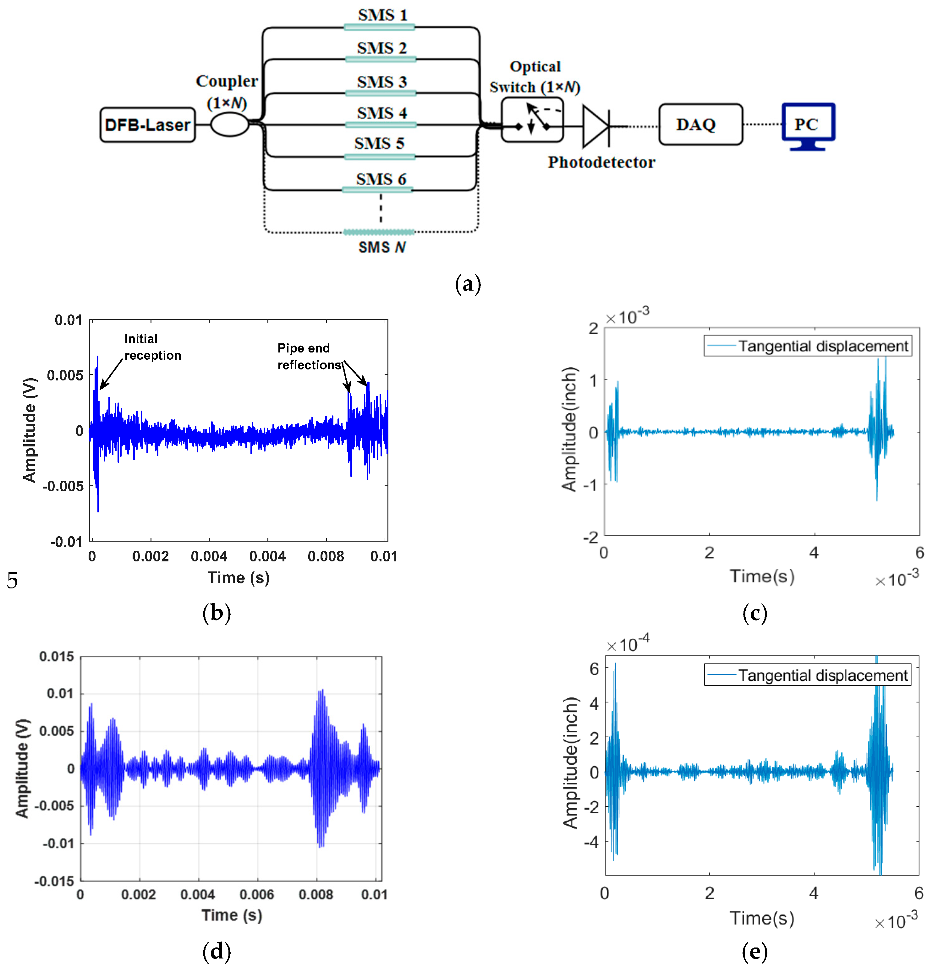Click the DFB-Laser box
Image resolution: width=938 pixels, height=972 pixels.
tap(147, 125)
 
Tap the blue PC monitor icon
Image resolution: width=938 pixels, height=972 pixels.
tap(808, 125)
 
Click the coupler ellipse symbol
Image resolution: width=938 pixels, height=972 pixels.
tap(229, 124)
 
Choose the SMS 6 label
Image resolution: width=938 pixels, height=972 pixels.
tap(381, 179)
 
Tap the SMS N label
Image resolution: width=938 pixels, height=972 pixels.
tap(382, 247)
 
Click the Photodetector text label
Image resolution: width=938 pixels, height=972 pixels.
tap(601, 162)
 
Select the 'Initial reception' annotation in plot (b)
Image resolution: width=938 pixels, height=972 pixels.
tap(152, 347)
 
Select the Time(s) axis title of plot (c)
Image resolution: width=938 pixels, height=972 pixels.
tap(762, 576)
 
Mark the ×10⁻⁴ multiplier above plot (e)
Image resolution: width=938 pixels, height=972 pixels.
tap(628, 644)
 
